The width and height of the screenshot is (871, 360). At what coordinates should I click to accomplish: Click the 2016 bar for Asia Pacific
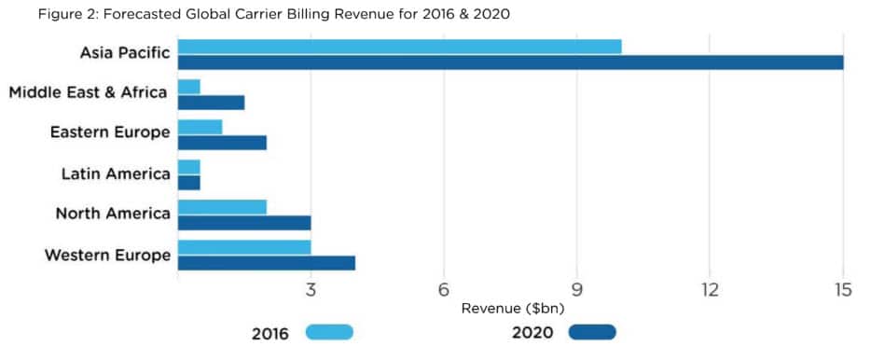tap(399, 47)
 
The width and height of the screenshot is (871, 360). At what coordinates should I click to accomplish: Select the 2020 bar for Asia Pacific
tap(510, 62)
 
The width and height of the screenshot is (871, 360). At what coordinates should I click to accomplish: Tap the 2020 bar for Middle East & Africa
tap(211, 103)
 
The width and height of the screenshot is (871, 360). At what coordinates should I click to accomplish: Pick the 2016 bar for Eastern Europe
tap(200, 127)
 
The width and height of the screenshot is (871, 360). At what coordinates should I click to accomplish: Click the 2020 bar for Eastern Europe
tap(222, 143)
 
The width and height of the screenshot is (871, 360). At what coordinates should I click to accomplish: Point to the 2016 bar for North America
tap(222, 207)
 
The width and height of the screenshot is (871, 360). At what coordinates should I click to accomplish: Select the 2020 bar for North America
tap(243, 223)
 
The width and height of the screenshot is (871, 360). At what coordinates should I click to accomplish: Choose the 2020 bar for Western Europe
tap(266, 263)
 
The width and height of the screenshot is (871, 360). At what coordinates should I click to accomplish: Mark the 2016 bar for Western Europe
tap(243, 247)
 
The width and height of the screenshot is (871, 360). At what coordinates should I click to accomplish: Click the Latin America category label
tap(116, 173)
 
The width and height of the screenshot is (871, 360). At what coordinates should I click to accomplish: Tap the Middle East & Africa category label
tap(89, 92)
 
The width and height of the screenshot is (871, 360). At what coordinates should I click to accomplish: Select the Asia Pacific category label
tap(125, 53)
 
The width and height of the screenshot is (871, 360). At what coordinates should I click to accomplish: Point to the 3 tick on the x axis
tap(311, 291)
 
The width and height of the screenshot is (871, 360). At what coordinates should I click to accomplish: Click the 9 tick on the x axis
tap(577, 291)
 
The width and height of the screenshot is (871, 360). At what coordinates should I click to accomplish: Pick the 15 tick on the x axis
tap(843, 291)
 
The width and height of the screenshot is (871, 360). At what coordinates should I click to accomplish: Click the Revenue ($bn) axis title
tap(512, 308)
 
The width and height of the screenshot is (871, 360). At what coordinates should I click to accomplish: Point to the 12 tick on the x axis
tap(710, 291)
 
